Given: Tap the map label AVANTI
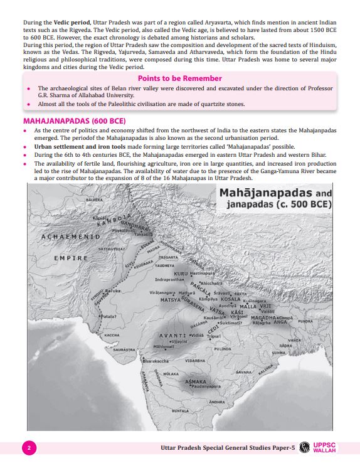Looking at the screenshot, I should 171,336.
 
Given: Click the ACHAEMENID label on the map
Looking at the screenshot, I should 70,238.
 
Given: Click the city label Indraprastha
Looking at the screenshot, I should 171,280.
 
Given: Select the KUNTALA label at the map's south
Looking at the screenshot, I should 180,411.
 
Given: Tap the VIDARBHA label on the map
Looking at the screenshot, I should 196,361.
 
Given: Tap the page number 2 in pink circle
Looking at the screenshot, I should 29,448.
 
